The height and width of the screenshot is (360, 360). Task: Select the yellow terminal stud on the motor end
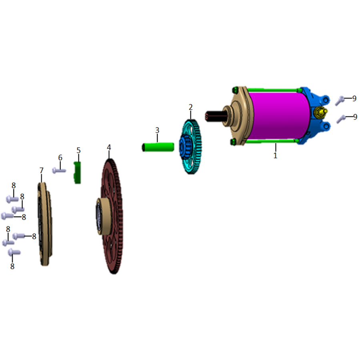point(321,112)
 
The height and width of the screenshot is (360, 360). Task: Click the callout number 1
point(275,156)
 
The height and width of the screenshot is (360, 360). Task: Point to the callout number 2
point(190,107)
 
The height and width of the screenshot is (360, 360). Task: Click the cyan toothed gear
point(190,147)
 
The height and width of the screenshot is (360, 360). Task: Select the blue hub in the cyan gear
point(186,146)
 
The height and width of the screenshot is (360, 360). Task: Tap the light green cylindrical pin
point(158,147)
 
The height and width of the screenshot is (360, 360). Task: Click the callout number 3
point(157,130)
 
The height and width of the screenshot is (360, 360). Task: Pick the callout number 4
point(109,147)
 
